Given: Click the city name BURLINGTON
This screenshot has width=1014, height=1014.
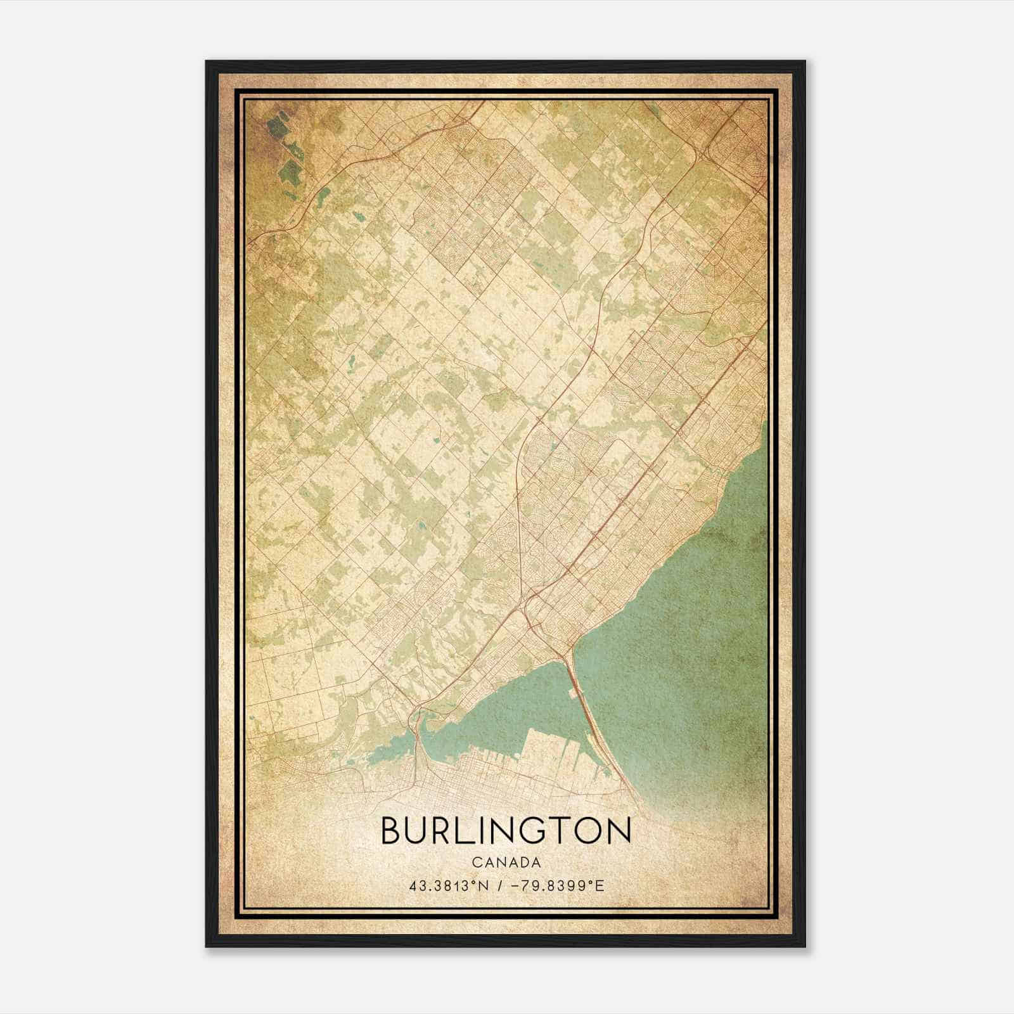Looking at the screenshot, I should point(506,831).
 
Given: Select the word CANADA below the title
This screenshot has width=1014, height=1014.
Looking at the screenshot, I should point(506,863).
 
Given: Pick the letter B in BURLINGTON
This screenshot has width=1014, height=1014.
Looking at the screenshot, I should point(391,831).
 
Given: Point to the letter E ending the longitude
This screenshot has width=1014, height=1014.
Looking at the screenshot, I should point(600,885).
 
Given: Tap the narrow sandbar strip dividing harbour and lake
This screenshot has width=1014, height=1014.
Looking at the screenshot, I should point(593,729).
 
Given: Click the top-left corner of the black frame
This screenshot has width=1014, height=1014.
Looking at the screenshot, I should point(207,62).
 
